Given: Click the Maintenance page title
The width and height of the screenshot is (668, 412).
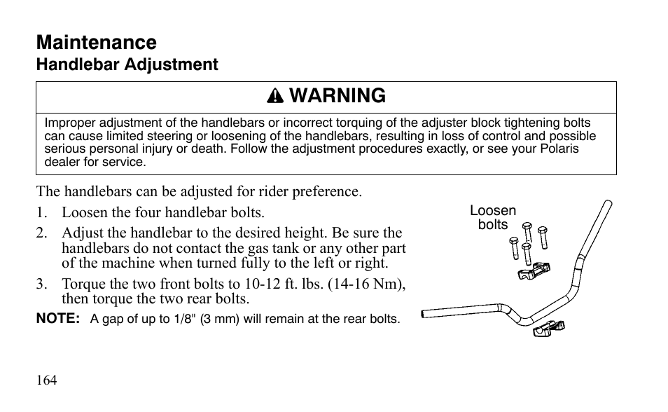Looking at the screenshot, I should point(97,43).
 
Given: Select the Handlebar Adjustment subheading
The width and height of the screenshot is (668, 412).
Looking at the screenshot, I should point(127,65).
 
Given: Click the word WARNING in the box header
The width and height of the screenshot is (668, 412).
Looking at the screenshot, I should point(337,96).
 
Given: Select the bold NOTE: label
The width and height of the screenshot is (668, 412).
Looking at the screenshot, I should point(58,318).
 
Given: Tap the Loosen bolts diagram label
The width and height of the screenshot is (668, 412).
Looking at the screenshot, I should point(492,218).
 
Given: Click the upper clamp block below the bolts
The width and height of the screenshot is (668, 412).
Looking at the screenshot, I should point(534,271).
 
